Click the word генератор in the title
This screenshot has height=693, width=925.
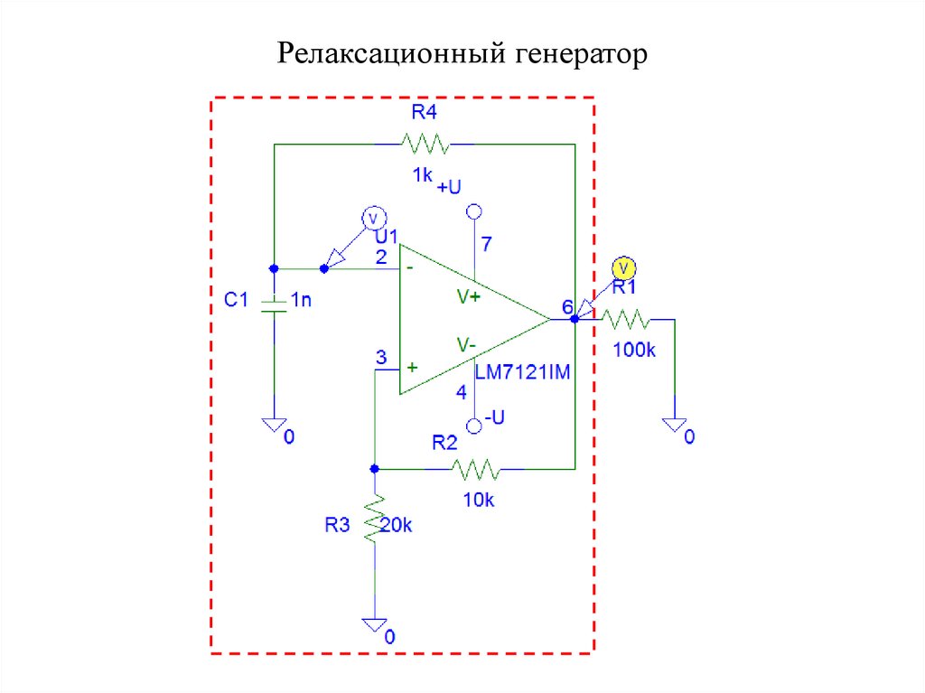point(582,55)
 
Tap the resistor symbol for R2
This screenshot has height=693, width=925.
point(475,469)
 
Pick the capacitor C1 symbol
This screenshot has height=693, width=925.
point(274,304)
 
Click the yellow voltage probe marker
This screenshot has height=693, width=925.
point(623,267)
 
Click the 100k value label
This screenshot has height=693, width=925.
point(633,350)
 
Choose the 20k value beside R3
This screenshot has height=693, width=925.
point(397,524)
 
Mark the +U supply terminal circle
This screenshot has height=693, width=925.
point(472,213)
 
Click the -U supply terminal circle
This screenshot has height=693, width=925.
point(472,425)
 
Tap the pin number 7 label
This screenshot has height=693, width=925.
point(487,244)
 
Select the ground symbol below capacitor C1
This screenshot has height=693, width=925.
point(274,426)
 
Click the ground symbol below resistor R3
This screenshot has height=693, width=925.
point(374,625)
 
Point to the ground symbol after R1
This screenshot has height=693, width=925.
point(674,426)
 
